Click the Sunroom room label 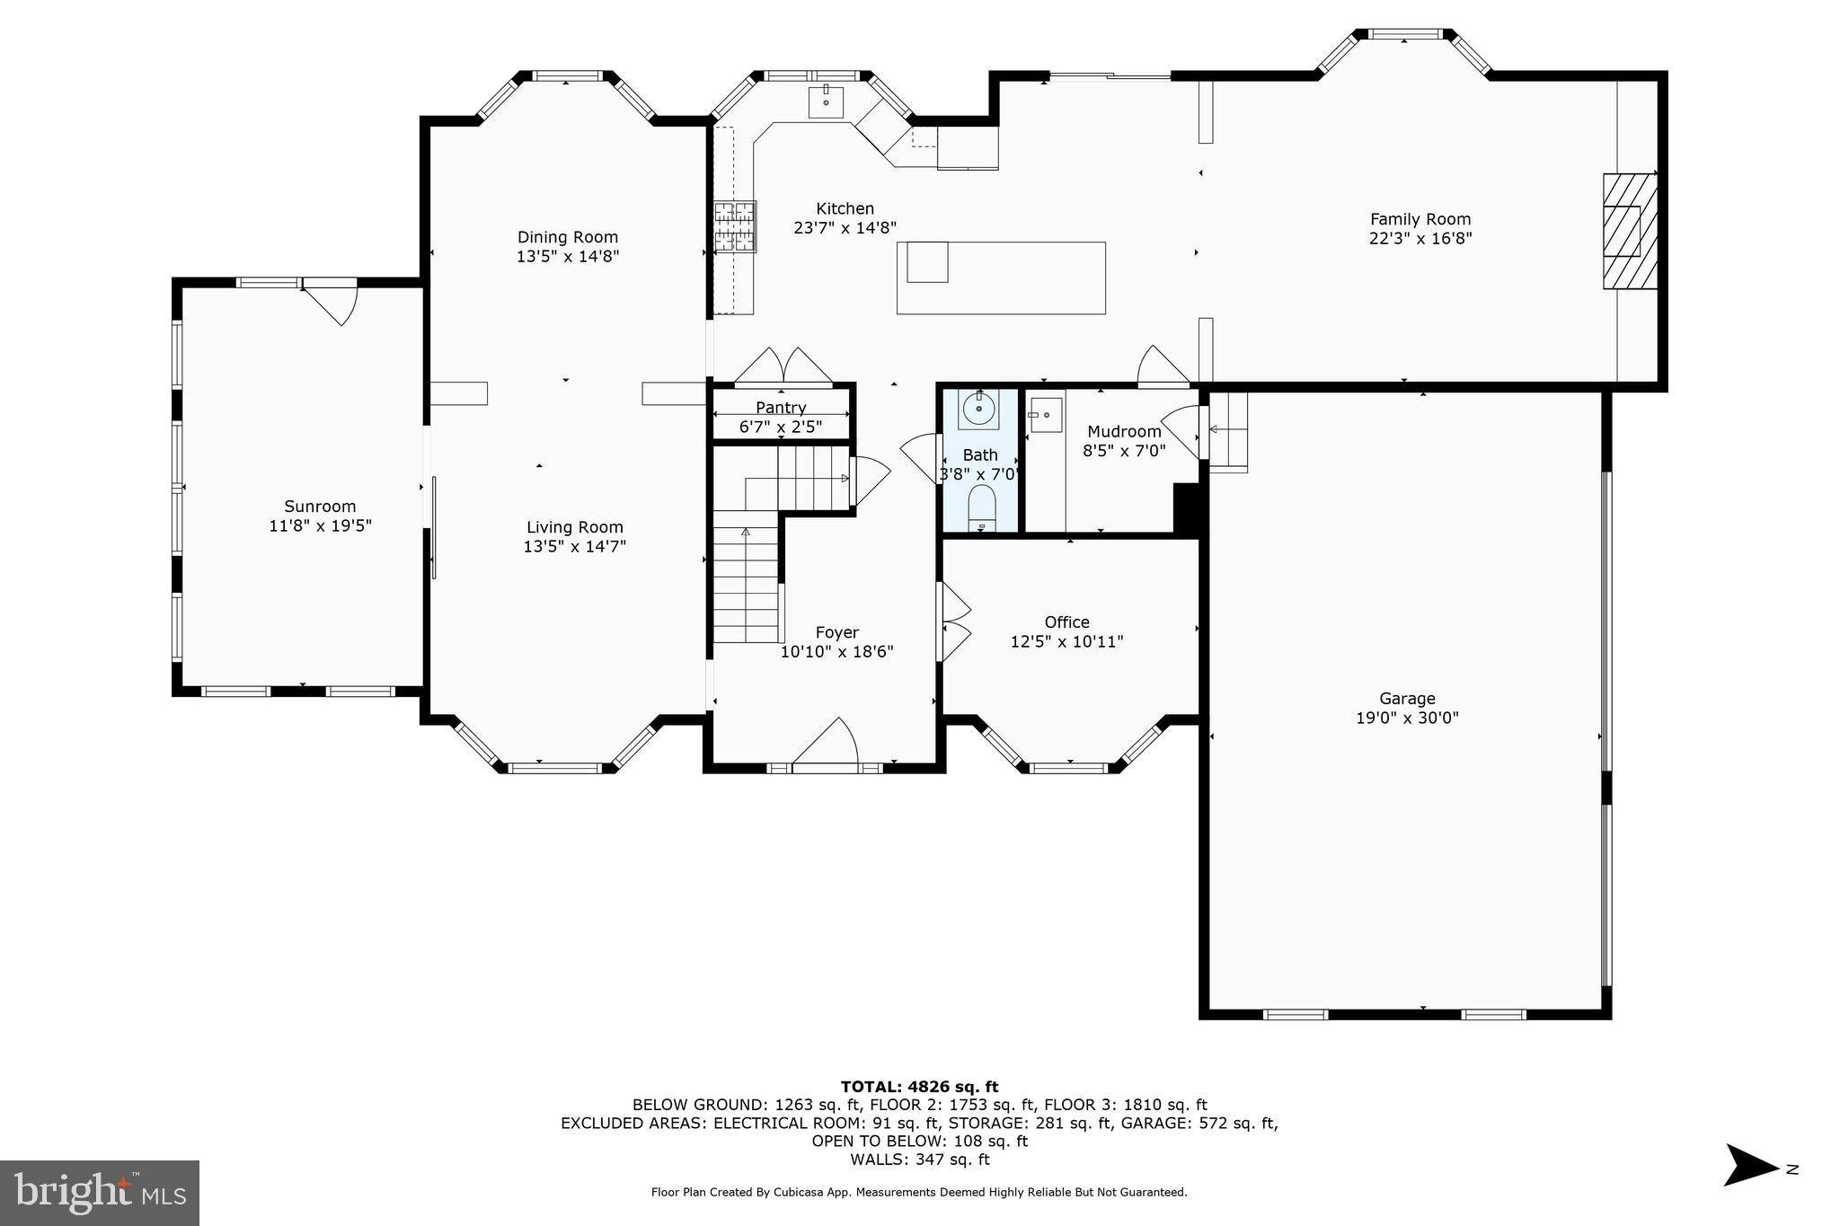[x=320, y=506]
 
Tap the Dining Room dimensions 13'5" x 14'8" [x=567, y=256]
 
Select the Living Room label [x=574, y=527]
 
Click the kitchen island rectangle [x=1001, y=278]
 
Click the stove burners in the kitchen [x=735, y=225]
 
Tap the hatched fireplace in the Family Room [x=1630, y=231]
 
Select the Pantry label [x=781, y=408]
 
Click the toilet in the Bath [x=981, y=508]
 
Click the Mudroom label [x=1124, y=431]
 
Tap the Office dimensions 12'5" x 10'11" [x=1066, y=641]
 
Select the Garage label [x=1407, y=698]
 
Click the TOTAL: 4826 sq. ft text [x=919, y=1087]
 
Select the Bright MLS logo [x=100, y=1193]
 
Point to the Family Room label [x=1420, y=218]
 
